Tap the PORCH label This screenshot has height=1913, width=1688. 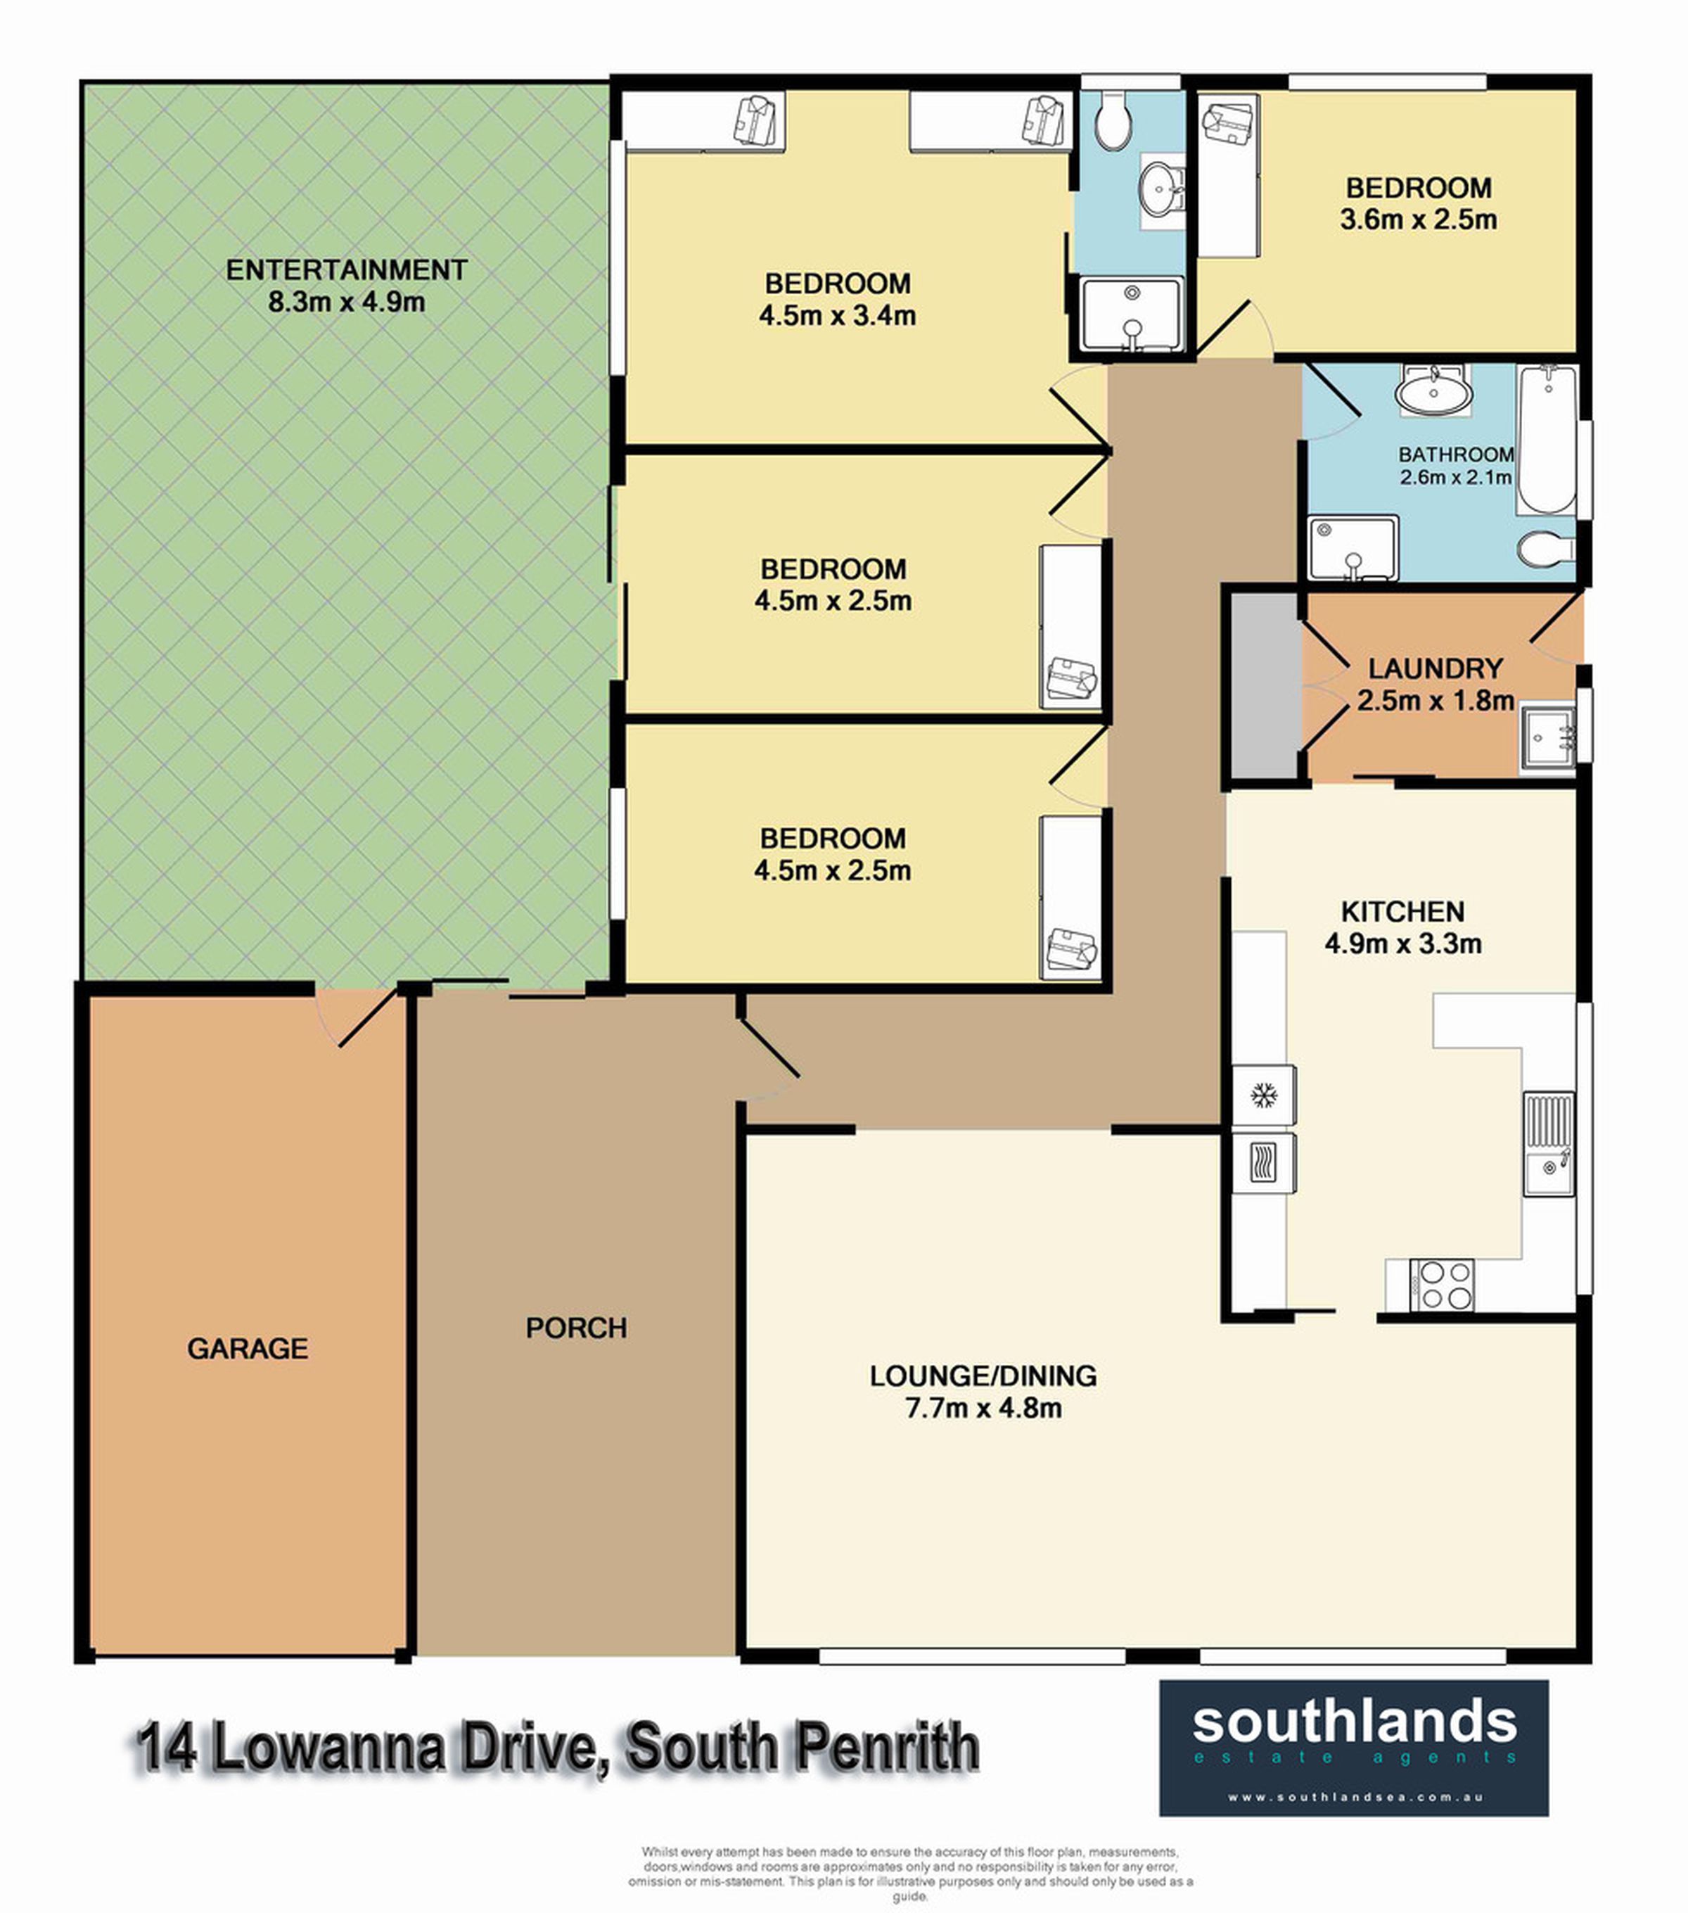(x=577, y=1328)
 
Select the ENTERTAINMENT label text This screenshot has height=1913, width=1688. (x=346, y=270)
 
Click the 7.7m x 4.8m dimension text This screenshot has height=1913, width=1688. (x=983, y=1408)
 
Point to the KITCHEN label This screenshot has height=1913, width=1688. (x=1402, y=912)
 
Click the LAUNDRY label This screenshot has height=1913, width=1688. (x=1436, y=669)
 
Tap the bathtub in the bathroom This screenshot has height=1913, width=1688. (x=1547, y=440)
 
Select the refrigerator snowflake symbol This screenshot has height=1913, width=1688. (x=1264, y=1094)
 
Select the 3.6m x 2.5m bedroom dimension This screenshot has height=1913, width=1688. (x=1419, y=220)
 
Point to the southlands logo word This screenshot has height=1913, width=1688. (x=1354, y=1723)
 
